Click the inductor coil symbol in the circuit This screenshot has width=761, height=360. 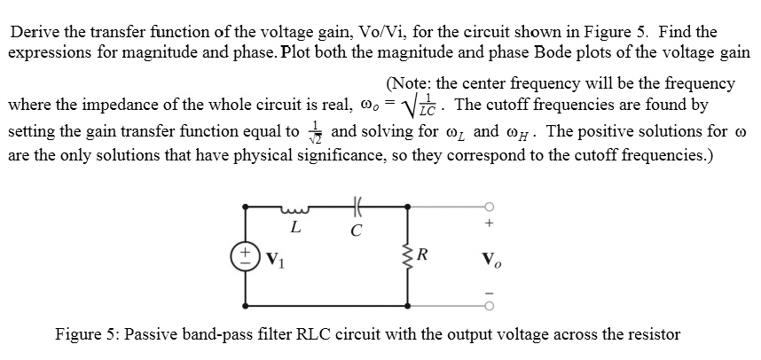294,210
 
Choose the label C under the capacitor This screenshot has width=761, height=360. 357,232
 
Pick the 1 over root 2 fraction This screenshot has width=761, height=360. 311,131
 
